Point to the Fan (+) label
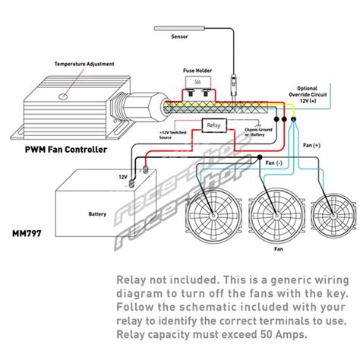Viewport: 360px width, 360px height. coord(312,145)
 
